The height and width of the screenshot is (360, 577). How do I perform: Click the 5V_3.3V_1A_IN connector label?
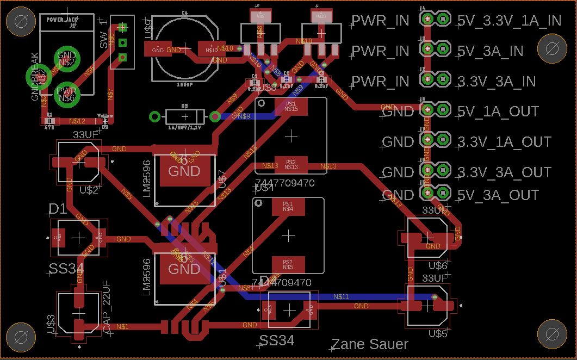click(x=509, y=21)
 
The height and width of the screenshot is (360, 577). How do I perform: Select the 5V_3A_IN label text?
click(x=490, y=51)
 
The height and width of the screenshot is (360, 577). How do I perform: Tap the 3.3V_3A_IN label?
click(x=497, y=82)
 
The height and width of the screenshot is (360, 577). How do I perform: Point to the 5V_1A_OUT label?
click(x=498, y=111)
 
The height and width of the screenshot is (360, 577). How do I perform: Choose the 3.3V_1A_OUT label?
click(x=504, y=142)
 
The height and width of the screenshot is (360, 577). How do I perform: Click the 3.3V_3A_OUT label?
click(x=504, y=172)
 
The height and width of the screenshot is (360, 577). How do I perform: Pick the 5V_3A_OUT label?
click(x=498, y=195)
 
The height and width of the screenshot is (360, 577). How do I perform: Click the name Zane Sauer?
click(x=369, y=344)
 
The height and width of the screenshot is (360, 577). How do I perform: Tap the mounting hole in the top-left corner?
click(x=21, y=22)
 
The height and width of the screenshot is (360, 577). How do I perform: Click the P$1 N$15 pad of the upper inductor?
click(x=291, y=107)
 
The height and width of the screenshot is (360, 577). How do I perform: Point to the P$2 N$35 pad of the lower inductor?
click(x=288, y=265)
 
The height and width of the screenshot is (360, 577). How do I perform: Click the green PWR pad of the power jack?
click(x=66, y=93)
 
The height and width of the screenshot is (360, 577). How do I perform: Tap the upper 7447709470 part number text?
click(x=284, y=183)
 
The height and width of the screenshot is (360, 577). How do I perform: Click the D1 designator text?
click(x=58, y=209)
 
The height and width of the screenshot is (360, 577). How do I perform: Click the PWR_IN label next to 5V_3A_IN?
click(x=380, y=51)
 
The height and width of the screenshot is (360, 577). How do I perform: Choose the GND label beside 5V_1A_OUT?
click(x=398, y=112)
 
